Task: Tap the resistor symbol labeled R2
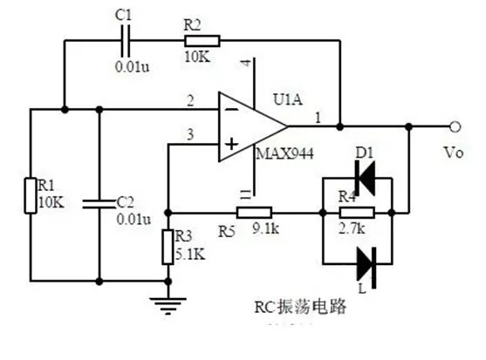202,39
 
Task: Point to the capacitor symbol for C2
99,204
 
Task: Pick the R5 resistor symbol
254,212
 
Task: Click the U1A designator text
287,100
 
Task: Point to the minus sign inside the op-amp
229,111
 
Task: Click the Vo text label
455,152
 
